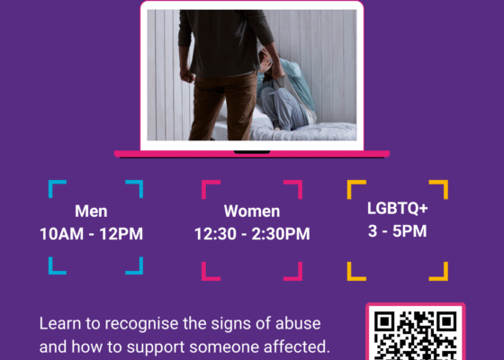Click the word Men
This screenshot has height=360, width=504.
[91, 212]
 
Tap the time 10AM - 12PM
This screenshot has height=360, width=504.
[91, 234]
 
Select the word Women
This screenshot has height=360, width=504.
[252, 212]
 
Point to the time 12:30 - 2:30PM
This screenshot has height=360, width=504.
[252, 234]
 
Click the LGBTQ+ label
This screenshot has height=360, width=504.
[398, 207]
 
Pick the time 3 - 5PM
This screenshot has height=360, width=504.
[398, 230]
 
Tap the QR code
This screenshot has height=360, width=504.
[415, 335]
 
